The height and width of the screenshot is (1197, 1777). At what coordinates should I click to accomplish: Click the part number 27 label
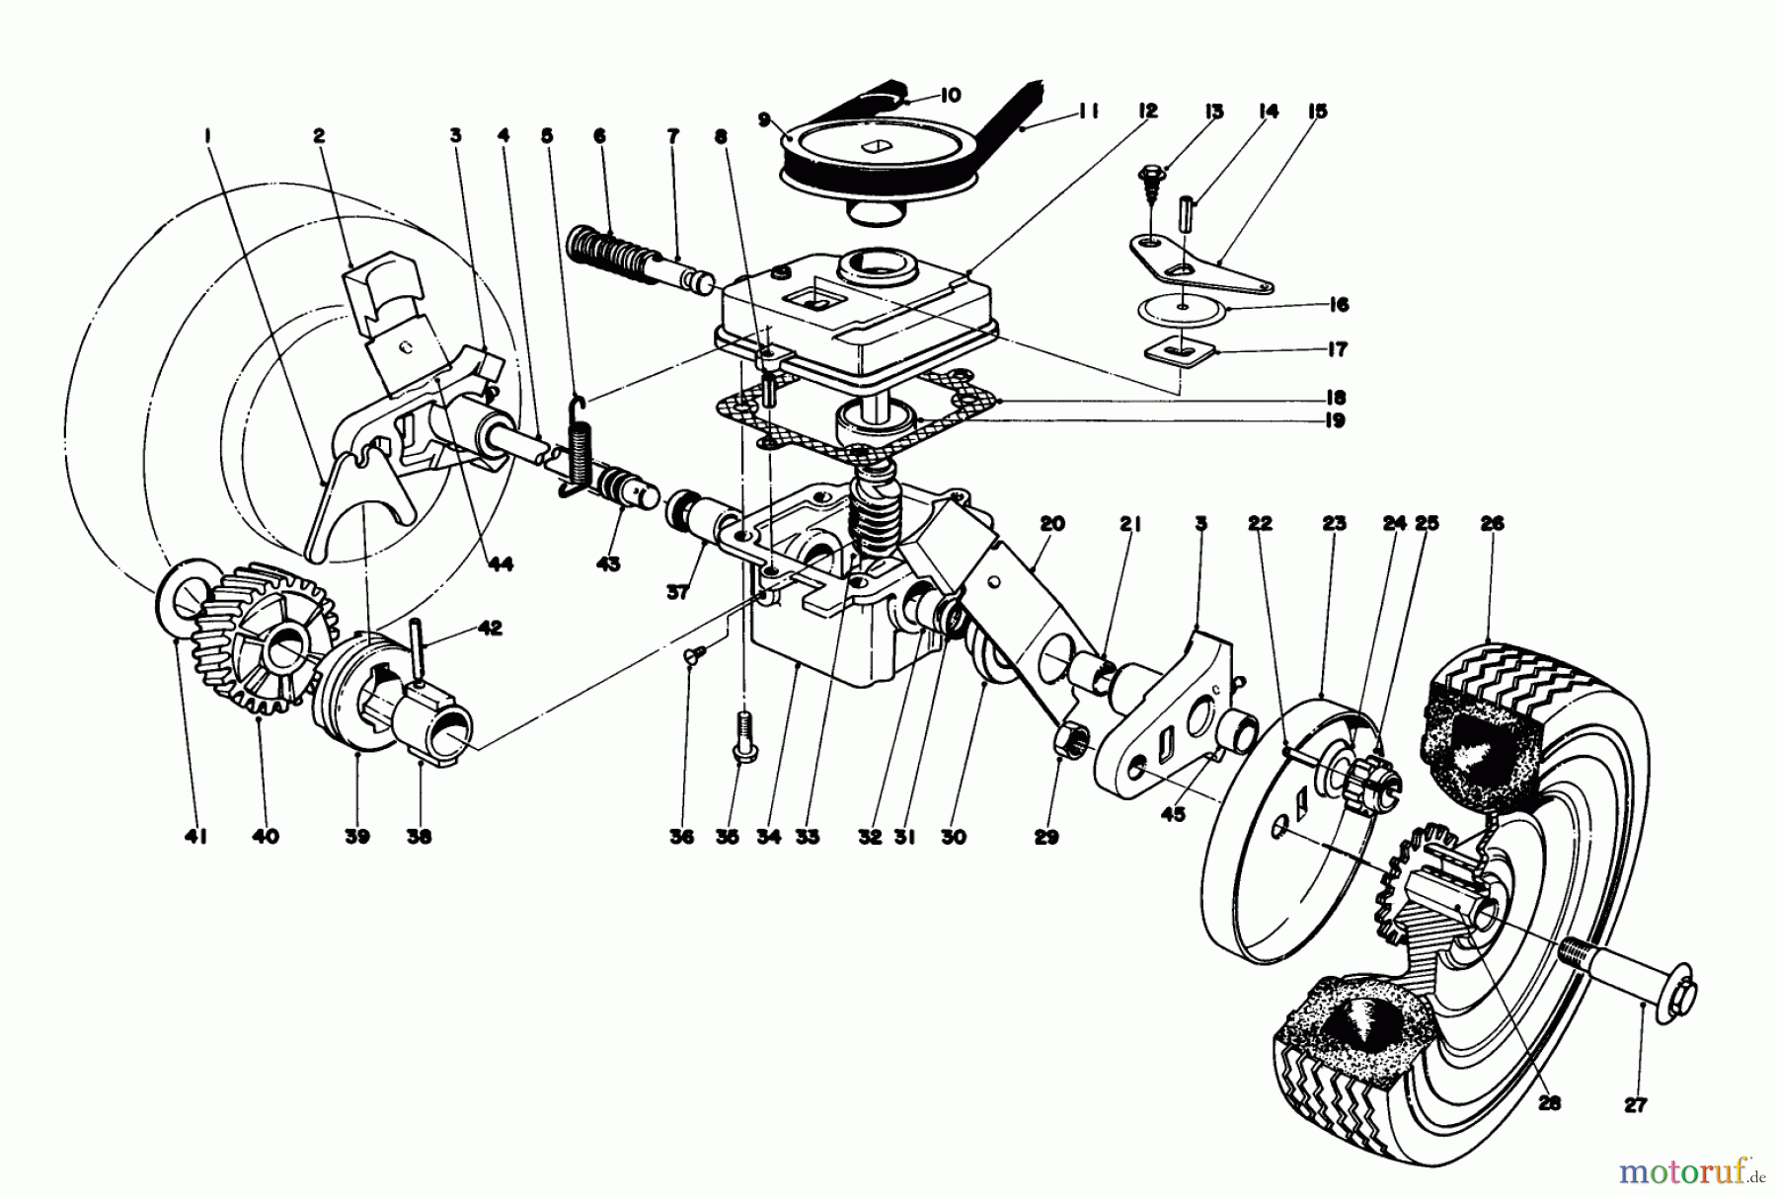1636,1105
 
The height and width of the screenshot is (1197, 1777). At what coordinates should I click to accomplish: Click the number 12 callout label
1147,112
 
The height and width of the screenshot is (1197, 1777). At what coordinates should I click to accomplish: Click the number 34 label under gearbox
769,837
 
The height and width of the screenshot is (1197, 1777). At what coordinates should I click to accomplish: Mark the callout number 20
1051,523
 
